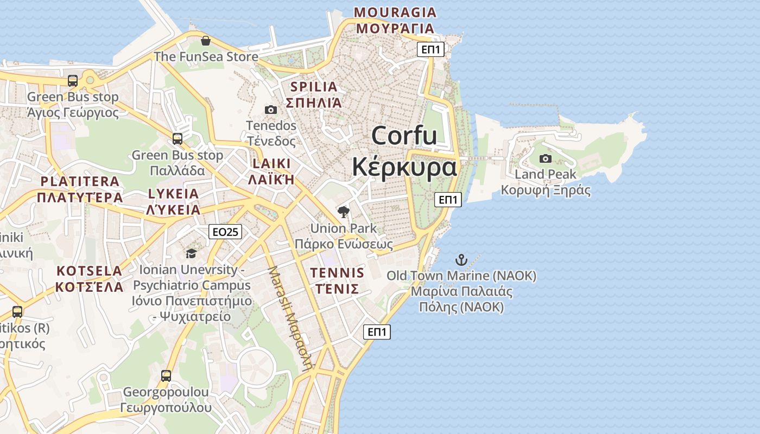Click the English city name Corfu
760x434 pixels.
click(x=404, y=136)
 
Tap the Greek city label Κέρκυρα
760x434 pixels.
click(x=404, y=167)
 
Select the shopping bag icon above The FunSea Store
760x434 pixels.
click(x=206, y=41)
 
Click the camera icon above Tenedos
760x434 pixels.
click(x=271, y=110)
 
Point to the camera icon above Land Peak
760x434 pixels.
click(x=546, y=158)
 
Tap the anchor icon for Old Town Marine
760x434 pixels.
click(x=461, y=260)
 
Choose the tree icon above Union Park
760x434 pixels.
click(x=343, y=212)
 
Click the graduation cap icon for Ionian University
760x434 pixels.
click(x=191, y=253)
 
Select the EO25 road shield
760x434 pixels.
click(x=225, y=232)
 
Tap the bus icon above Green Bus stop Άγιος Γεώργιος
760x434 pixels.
click(x=73, y=81)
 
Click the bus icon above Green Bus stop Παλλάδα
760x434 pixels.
click(x=178, y=139)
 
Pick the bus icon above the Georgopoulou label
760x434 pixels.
click(x=166, y=375)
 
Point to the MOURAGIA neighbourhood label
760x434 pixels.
click(x=395, y=12)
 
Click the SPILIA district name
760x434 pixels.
click(x=314, y=86)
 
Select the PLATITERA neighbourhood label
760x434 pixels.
click(x=80, y=181)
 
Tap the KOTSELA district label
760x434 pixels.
click(x=90, y=271)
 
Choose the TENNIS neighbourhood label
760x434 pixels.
click(x=337, y=272)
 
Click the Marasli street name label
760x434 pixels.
click(x=291, y=318)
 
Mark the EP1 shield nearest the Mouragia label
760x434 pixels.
click(x=432, y=50)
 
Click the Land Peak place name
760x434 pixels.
click(x=545, y=174)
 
